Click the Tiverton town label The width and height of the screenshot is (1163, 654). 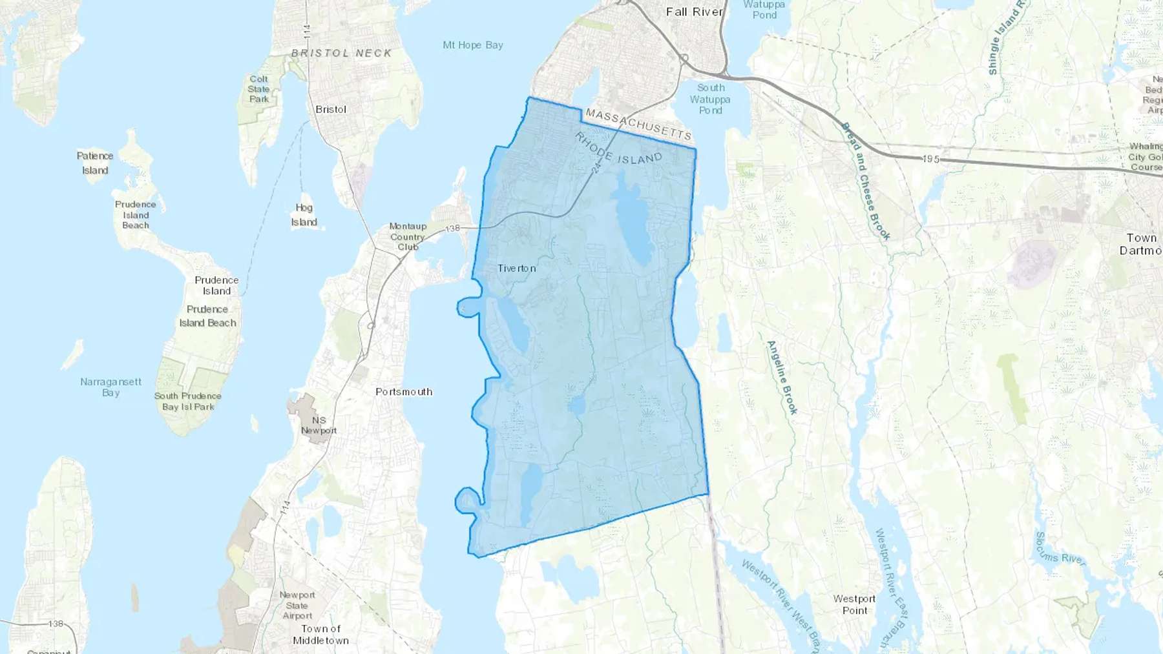[516, 268]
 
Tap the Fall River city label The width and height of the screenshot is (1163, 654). [694, 12]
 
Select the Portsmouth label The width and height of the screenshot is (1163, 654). [404, 392]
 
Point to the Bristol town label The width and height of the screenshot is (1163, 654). [331, 110]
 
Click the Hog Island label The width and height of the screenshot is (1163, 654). [304, 215]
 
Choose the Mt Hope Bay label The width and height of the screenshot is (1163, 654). [472, 45]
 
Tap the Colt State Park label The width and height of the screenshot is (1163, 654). [258, 89]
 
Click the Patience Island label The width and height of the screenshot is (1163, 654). [95, 163]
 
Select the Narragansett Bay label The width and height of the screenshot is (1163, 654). [110, 387]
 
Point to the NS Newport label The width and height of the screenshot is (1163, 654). [319, 425]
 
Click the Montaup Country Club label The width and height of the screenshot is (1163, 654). [408, 236]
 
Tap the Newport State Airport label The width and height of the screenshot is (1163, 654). [297, 605]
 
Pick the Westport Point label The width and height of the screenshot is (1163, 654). [854, 604]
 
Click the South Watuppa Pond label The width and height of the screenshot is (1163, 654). [710, 99]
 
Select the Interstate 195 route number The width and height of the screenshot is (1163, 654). [930, 159]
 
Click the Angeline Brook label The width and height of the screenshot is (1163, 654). [782, 377]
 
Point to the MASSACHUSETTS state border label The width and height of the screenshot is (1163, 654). [638, 125]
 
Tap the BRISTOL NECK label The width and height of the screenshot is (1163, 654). [341, 53]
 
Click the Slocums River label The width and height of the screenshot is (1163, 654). [1060, 549]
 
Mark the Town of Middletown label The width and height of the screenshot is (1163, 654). [320, 635]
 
